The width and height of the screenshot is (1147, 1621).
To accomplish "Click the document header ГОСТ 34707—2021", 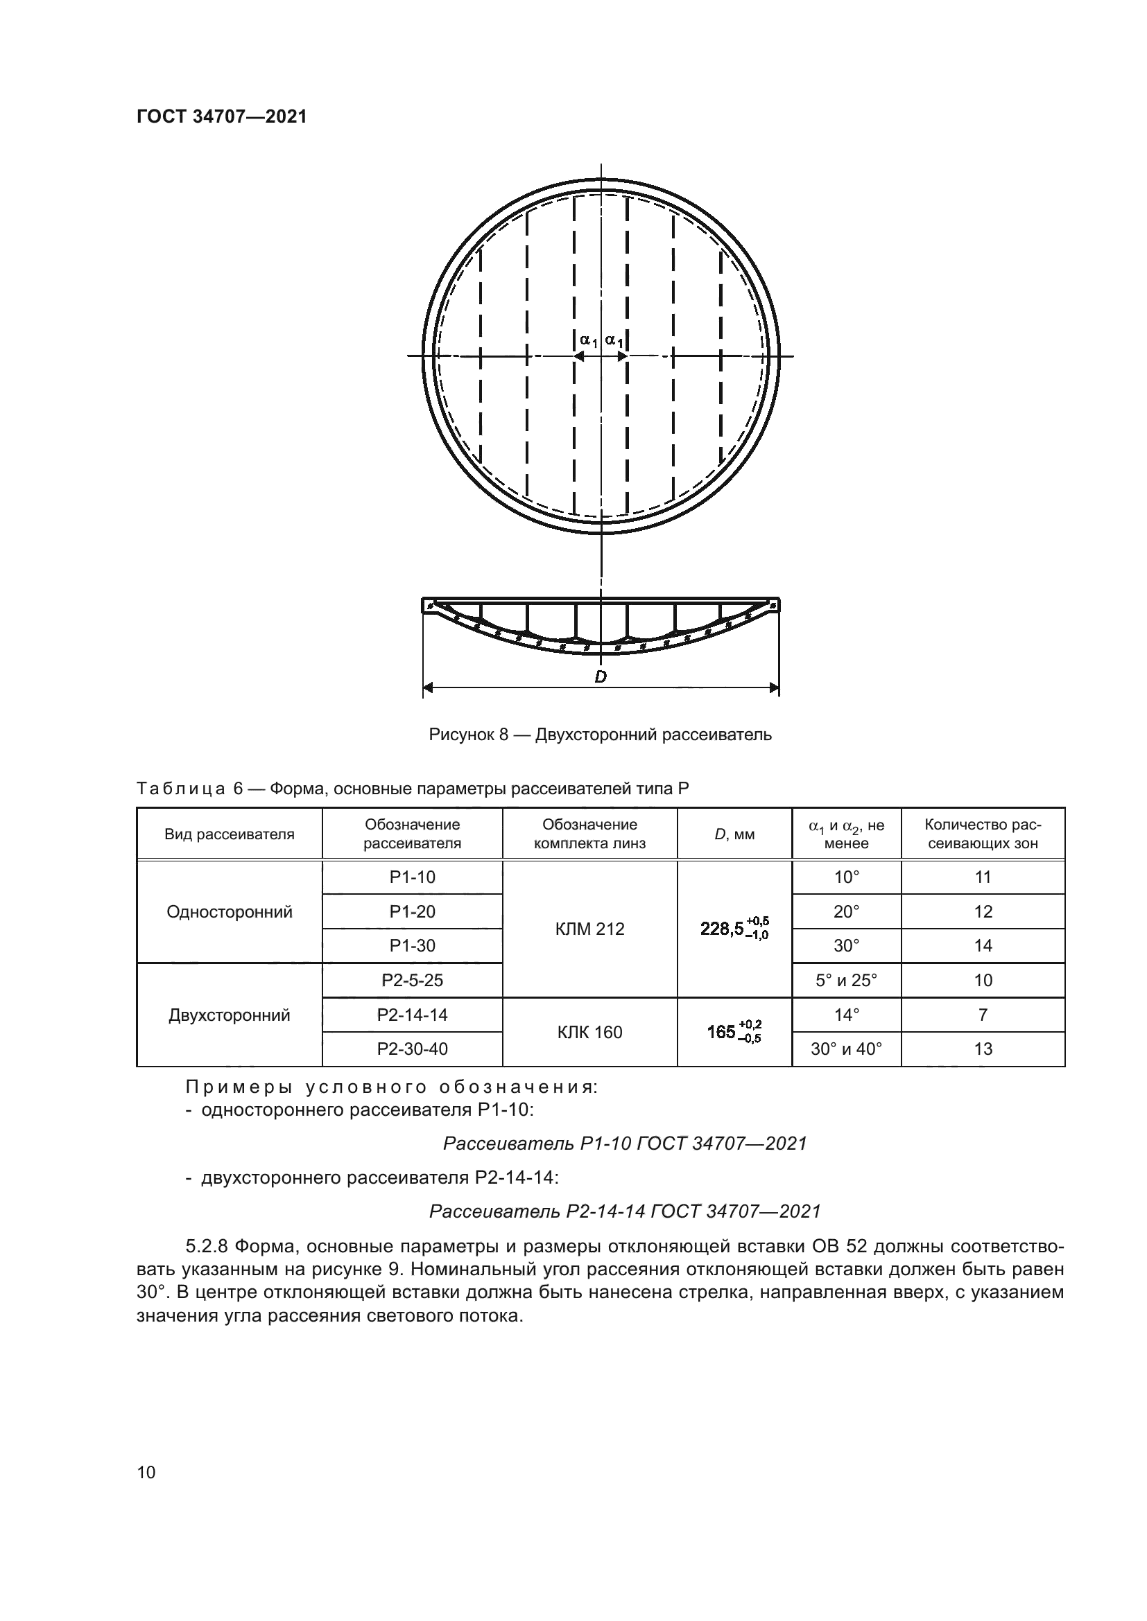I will (222, 117).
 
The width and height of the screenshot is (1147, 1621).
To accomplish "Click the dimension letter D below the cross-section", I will (601, 676).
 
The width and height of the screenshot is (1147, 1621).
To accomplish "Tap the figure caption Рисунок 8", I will (600, 735).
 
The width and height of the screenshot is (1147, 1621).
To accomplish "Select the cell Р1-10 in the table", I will (413, 877).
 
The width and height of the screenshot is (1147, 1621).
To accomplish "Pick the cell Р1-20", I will (413, 911).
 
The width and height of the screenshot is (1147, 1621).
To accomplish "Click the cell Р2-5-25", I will (413, 980).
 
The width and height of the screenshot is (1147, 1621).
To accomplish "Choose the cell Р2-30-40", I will (413, 1049).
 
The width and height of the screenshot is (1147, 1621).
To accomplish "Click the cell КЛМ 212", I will (589, 929).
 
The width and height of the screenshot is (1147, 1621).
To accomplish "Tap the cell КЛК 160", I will (589, 1032).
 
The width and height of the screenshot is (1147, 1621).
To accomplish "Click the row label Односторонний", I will (230, 912).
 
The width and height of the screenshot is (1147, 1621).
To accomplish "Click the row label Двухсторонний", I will (230, 1015).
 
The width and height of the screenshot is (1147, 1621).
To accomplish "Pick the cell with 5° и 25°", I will (846, 980).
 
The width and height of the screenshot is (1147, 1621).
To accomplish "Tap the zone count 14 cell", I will (983, 945).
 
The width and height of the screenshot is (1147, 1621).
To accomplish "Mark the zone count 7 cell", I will (983, 1015).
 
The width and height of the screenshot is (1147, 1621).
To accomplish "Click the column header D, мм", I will (734, 834).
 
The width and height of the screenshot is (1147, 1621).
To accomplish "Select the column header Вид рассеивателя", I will (230, 834).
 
